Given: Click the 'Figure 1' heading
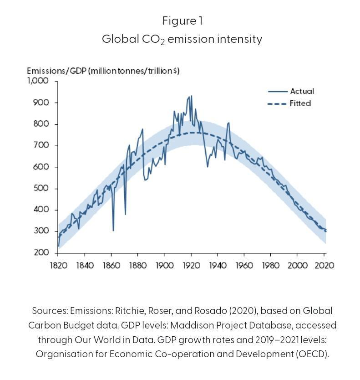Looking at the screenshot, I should [x=182, y=21].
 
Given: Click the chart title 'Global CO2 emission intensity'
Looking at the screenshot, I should [x=182, y=39].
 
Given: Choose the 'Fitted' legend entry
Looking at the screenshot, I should [x=300, y=103].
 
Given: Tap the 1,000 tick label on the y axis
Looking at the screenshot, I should [x=38, y=81].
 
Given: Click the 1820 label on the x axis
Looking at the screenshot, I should [x=58, y=265].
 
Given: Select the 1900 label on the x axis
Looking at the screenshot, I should [x=164, y=265].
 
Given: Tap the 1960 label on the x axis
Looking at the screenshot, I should [x=244, y=265].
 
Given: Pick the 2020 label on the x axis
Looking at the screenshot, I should [x=324, y=265].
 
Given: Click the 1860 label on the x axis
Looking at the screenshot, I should [x=112, y=265].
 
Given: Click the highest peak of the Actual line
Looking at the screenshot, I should [x=191, y=96].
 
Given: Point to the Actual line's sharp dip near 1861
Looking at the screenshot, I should [x=113, y=230].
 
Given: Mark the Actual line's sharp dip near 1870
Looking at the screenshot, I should [x=125, y=214].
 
